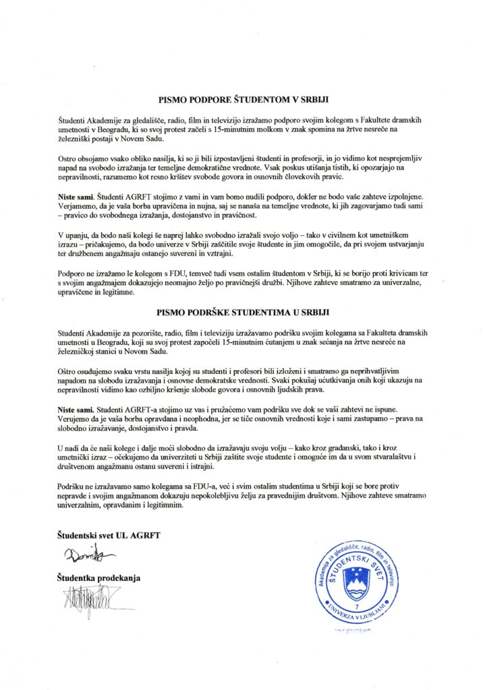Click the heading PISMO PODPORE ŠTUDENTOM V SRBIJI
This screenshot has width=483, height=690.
[242, 99]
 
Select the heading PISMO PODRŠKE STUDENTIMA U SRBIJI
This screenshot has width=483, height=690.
[242, 313]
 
